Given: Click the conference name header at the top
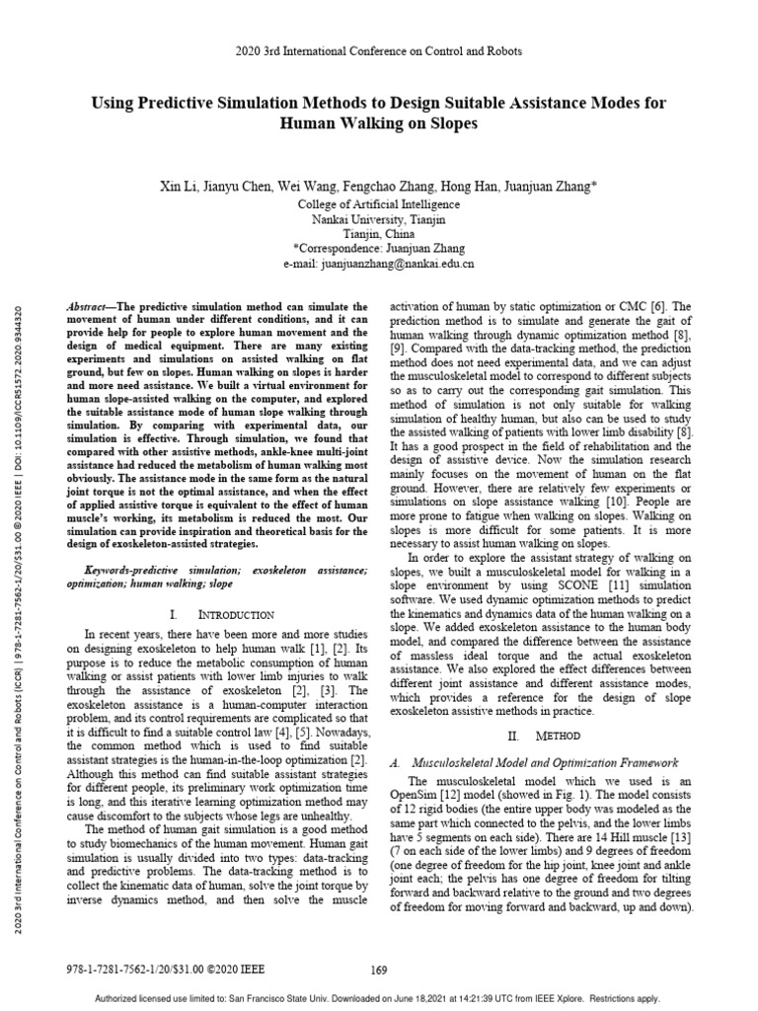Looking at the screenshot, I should coord(379,50).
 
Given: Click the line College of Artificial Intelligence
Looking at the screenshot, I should coord(378,204).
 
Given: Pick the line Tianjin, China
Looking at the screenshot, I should coord(378,234).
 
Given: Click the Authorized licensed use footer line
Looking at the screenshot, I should coord(379,998).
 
